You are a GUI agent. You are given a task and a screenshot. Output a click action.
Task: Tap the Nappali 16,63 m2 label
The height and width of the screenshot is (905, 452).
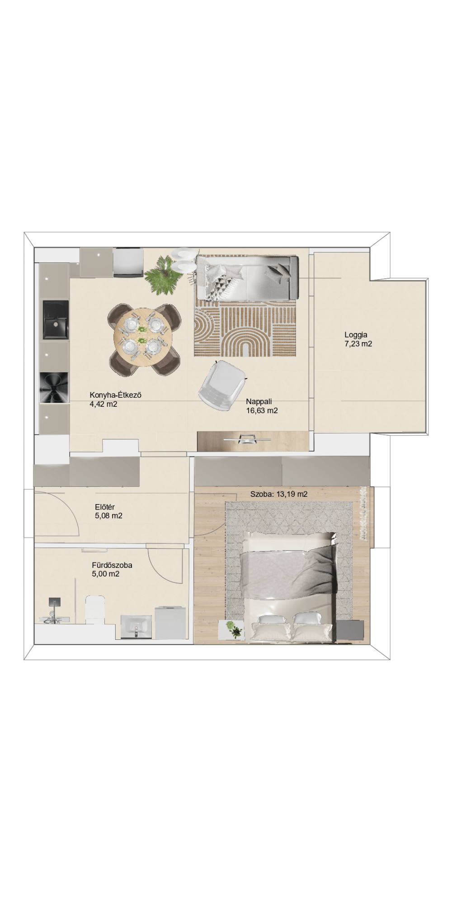pos(262,406)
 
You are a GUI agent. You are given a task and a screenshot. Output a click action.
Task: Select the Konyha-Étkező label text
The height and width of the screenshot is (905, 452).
pos(116,395)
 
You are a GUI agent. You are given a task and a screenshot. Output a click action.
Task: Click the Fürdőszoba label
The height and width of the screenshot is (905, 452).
pos(112,565)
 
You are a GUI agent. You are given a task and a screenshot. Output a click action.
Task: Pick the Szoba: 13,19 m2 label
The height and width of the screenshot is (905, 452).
pos(279,494)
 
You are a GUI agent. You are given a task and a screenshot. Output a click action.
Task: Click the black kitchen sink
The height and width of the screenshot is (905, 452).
pos(56,320)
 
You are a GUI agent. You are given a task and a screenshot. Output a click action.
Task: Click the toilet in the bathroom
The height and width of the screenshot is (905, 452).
pos(95,610)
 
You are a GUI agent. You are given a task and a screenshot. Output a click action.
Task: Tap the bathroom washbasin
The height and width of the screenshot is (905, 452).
pos(137,627)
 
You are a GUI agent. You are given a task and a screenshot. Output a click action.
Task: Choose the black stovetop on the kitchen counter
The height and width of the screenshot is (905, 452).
pos(54,388)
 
